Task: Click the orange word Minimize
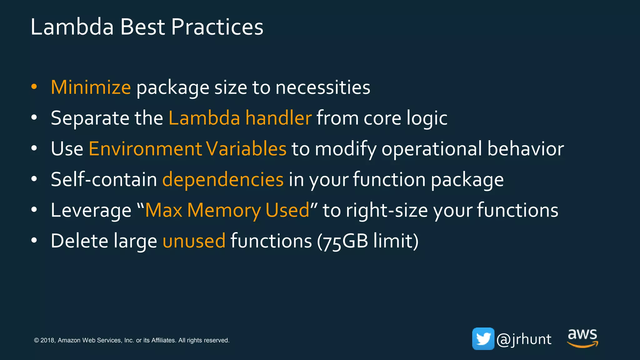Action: tap(91, 87)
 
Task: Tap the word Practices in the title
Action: tap(217, 27)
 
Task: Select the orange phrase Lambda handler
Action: tap(240, 118)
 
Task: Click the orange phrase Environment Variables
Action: tap(187, 149)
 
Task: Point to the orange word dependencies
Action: tap(223, 180)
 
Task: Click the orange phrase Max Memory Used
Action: tap(227, 210)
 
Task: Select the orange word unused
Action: tap(194, 241)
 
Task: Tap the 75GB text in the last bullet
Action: tap(345, 241)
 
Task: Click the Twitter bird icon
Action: tap(483, 339)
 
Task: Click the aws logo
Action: tap(582, 338)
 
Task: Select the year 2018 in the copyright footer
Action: tap(47, 340)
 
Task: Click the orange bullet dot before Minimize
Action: tap(34, 87)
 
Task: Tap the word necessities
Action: tap(323, 87)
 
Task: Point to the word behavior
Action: tap(526, 149)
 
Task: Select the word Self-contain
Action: tap(104, 180)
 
